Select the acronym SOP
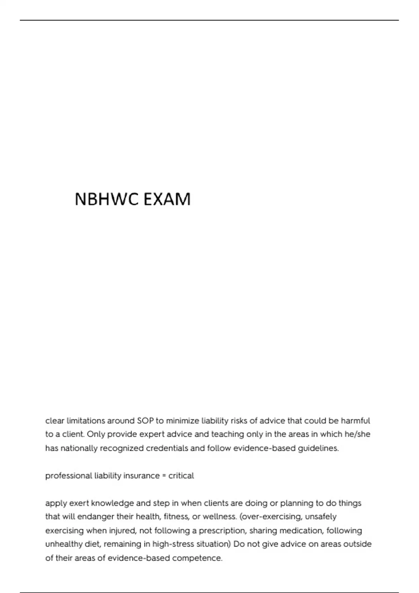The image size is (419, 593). click(x=145, y=421)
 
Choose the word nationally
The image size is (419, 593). click(x=79, y=448)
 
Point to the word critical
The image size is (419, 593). click(x=181, y=476)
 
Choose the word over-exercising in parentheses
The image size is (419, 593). click(x=271, y=517)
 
